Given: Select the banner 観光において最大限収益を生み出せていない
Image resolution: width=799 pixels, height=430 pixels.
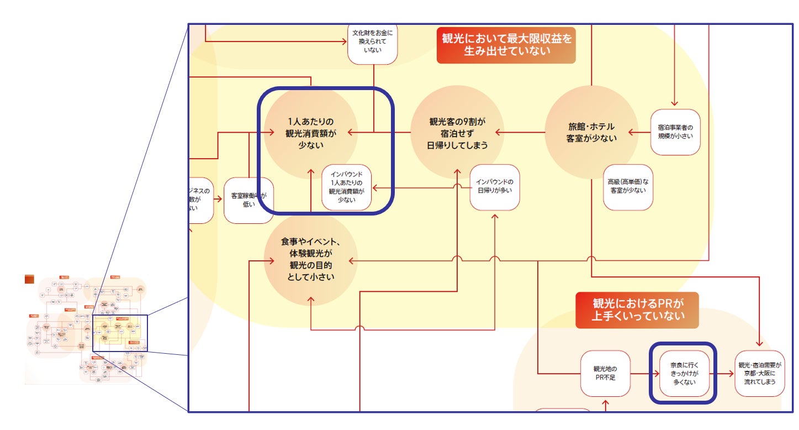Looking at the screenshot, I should pos(506,45).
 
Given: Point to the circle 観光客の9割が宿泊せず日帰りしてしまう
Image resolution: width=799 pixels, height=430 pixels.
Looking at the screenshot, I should pos(457,133).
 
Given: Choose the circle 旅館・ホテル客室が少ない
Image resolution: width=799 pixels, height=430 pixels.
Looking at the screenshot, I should pos(591,133).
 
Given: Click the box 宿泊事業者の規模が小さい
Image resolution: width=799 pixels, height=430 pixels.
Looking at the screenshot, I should pos(675,132).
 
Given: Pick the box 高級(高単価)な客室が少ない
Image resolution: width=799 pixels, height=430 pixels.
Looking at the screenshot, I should pos(628,187).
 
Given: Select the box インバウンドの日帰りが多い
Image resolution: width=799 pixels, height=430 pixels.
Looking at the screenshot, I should pos(494,187).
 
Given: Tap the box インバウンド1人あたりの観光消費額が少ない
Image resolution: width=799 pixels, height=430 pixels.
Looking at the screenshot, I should pos(347,188).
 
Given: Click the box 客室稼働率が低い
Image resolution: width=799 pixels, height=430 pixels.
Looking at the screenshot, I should pos(248,200).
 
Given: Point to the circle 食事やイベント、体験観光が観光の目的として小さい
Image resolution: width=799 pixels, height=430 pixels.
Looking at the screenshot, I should pos(310,259).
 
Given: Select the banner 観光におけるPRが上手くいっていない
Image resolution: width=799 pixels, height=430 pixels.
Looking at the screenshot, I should pos(637,310).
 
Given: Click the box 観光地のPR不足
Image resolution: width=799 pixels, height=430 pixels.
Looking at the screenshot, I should pos(605,373).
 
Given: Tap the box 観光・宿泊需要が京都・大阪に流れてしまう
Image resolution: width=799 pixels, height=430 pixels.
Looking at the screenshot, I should pos(760,373).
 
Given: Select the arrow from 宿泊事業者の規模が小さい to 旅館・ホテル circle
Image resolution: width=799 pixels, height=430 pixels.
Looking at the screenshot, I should pos(642,133).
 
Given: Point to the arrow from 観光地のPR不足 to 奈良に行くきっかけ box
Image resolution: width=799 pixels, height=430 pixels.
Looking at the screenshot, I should pos(644,373).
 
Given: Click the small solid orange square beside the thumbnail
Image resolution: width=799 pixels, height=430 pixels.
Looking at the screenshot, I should pos(29,279).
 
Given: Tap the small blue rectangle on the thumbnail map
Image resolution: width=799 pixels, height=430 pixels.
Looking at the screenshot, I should pos(120,333).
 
